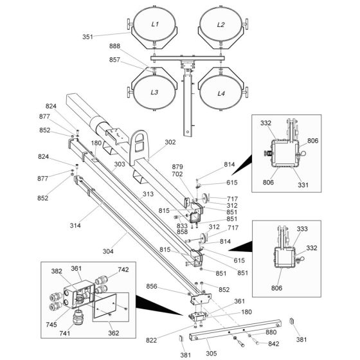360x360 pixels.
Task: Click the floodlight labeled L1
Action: tap(155, 24)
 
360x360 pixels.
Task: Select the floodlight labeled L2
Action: tap(221, 24)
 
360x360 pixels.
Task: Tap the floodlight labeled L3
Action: tap(155, 92)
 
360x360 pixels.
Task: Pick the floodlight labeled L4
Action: tap(221, 92)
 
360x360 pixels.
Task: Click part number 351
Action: tap(87, 37)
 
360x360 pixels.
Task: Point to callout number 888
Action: tap(114, 46)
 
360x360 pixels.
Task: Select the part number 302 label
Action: tap(170, 142)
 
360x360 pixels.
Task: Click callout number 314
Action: tap(75, 226)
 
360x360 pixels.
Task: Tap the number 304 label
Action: tap(108, 251)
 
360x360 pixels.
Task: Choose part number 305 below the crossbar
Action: tap(212, 354)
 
